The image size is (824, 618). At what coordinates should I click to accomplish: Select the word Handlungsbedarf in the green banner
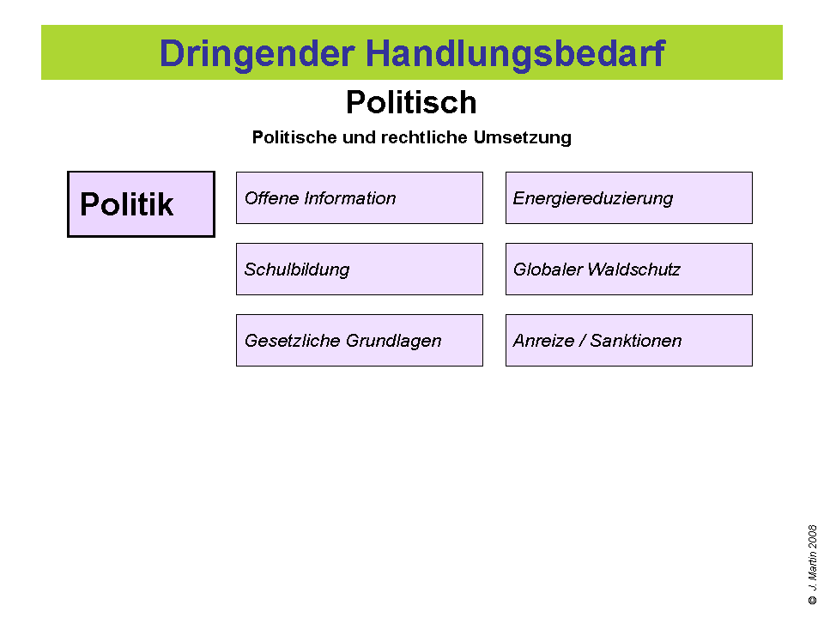click(515, 53)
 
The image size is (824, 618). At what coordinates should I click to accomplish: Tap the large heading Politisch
click(411, 103)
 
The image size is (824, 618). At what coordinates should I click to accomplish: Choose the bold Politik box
click(141, 204)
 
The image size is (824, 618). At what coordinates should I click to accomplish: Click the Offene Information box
click(359, 198)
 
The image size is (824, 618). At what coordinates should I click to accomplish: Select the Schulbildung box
click(359, 270)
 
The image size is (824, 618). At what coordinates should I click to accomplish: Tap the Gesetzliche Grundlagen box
click(359, 341)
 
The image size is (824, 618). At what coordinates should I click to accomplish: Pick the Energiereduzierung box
click(628, 198)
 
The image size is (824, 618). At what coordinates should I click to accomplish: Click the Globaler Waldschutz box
click(628, 270)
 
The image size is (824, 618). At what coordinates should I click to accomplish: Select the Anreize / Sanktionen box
click(628, 341)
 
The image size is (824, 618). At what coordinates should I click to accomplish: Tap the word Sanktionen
click(636, 341)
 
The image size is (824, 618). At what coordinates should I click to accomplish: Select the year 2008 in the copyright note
click(812, 536)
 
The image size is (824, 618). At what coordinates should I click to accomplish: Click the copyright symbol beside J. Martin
click(812, 601)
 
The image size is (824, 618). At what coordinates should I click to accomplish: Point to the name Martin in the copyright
click(812, 566)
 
